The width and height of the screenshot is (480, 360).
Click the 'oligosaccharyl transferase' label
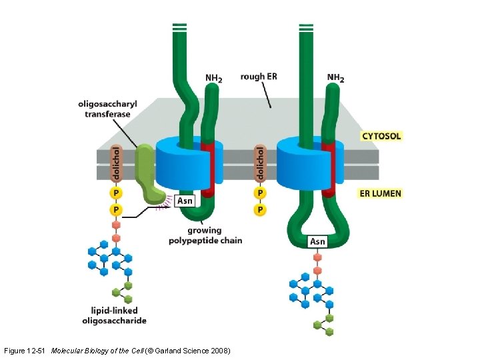107,109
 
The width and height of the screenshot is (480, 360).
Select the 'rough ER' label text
259,77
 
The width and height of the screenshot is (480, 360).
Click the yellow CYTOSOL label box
381,136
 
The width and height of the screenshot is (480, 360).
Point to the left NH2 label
213,78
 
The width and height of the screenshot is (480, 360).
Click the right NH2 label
335,78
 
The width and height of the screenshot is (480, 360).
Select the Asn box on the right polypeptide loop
317,241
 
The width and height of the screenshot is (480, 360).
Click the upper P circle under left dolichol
115,193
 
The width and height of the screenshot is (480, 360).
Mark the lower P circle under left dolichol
115,210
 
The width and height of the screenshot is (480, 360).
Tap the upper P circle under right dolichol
260,193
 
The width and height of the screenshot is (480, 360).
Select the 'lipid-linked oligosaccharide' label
114,315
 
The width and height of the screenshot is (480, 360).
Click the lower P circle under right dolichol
260,210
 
